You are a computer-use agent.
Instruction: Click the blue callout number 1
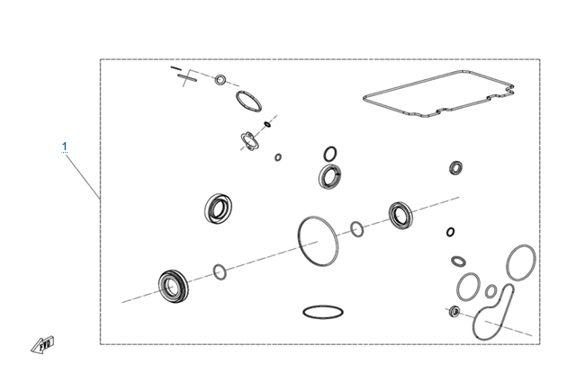[65, 147]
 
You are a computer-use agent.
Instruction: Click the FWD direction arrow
[42, 345]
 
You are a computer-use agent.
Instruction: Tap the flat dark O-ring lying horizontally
[323, 312]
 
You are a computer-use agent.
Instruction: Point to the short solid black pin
[175, 68]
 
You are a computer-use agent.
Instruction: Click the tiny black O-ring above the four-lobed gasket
[267, 124]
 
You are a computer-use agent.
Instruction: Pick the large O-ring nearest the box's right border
[508, 262]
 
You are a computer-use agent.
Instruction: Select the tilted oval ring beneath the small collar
[238, 100]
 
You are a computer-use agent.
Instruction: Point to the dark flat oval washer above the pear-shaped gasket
[458, 262]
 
